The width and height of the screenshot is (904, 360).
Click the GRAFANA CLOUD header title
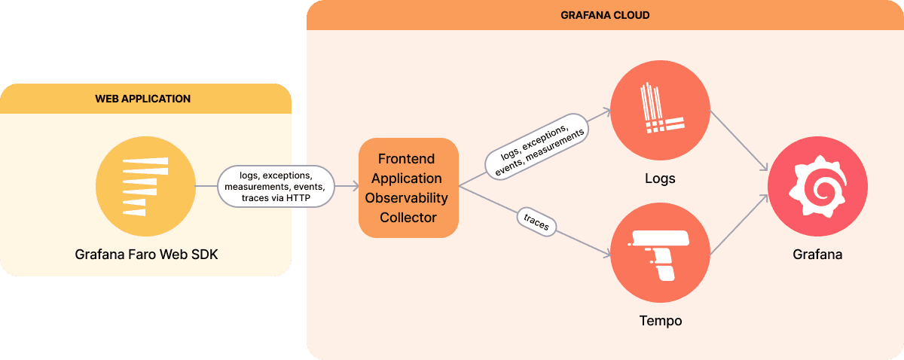point(605,15)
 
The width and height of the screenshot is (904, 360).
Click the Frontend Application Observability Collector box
point(408,188)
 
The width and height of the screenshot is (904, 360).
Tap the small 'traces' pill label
point(537,222)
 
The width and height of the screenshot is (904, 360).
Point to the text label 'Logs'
point(660,179)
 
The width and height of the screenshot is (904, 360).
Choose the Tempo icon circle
point(660,253)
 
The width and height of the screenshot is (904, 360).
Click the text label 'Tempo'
point(660,321)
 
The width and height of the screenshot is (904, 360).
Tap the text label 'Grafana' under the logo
point(817,255)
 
